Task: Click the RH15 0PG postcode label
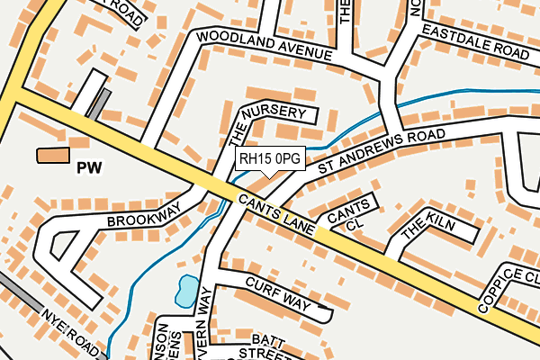coord(270,158)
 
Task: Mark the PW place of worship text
coord(89,167)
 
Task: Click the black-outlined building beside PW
coord(52,155)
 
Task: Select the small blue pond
coord(185,290)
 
